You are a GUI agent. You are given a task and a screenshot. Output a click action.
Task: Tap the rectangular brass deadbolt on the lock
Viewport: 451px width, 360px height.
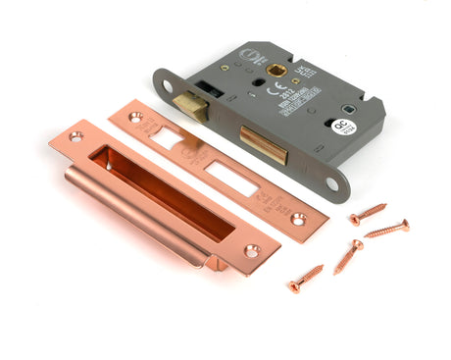coord(262,143)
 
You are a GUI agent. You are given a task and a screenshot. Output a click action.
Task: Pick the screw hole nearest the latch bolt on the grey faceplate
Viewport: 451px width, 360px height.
coord(168,86)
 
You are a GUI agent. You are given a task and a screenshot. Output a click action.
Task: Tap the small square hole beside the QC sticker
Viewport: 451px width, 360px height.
coord(348,108)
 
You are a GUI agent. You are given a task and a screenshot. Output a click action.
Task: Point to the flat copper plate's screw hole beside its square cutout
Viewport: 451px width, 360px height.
coord(135,117)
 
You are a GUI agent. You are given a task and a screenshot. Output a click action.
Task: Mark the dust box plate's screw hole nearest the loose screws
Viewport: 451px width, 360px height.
coord(251,251)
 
